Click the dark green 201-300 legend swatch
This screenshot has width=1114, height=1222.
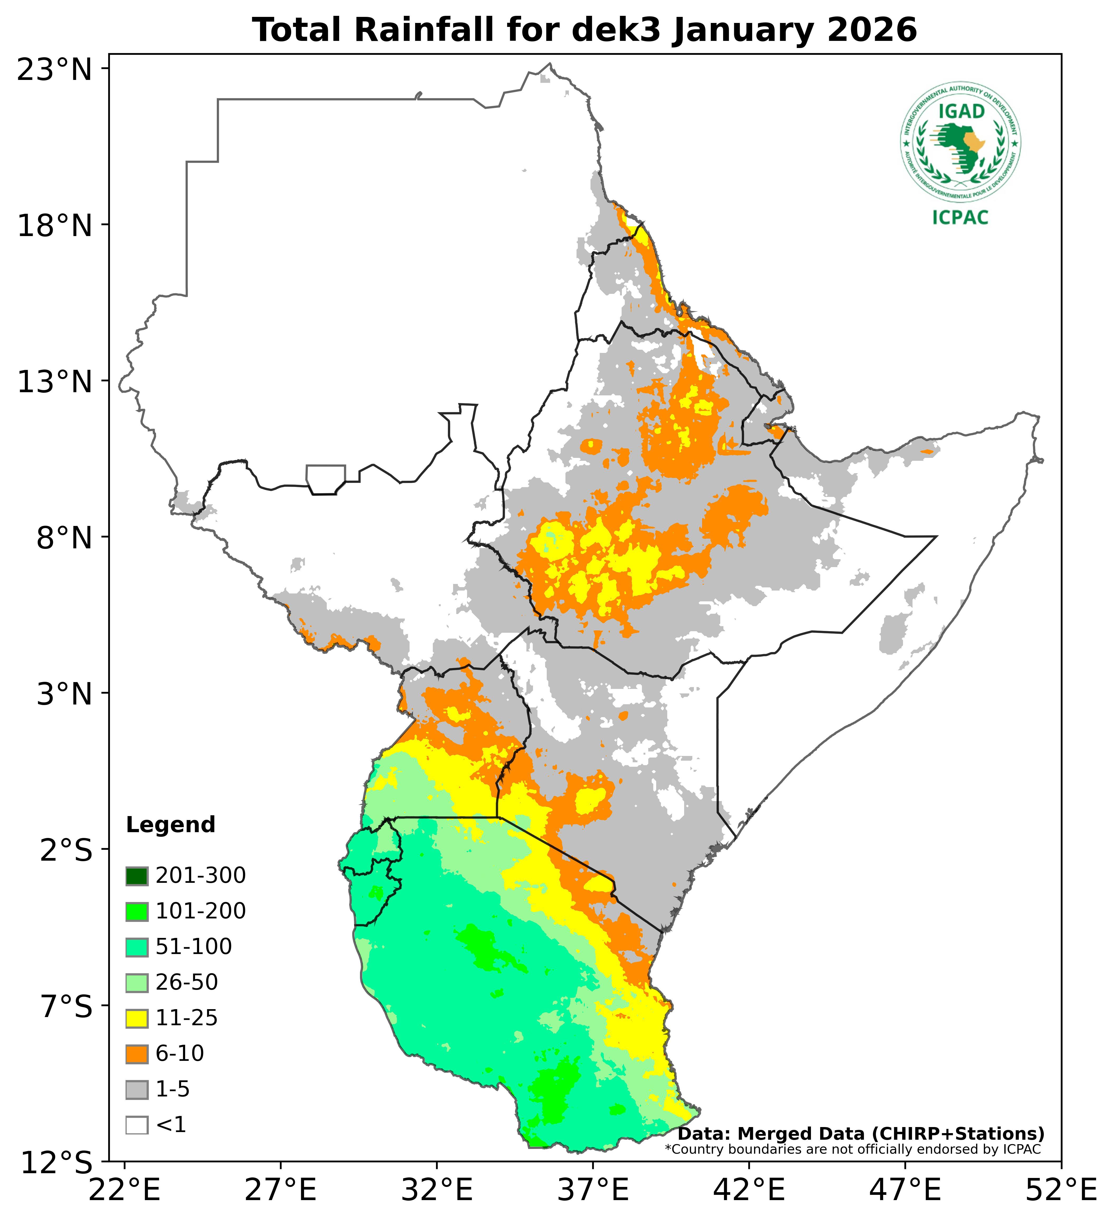click(x=137, y=876)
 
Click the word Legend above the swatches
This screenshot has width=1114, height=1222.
click(x=170, y=825)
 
